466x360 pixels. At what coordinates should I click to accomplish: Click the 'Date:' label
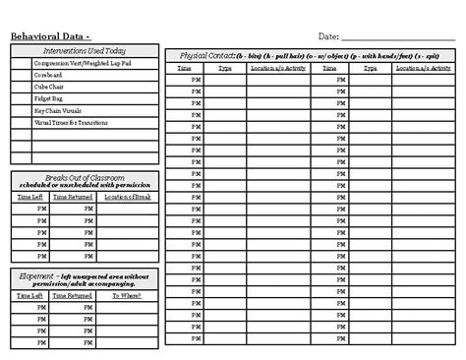click(x=328, y=36)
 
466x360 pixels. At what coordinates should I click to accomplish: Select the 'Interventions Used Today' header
click(x=85, y=50)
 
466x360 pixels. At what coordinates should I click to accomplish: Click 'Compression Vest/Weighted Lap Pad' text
click(x=83, y=63)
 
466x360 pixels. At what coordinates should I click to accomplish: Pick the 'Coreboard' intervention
click(x=47, y=75)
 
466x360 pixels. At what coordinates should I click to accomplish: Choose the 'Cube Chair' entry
click(x=49, y=87)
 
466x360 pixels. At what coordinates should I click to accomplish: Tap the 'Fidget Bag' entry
click(x=49, y=99)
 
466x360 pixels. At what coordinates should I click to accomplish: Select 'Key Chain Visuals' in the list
click(x=58, y=111)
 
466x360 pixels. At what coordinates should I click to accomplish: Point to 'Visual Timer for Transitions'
click(x=71, y=123)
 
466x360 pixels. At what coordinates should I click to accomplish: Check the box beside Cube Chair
click(x=22, y=87)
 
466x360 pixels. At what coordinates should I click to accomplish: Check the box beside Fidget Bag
click(x=22, y=99)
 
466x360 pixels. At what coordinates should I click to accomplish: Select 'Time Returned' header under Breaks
click(x=74, y=197)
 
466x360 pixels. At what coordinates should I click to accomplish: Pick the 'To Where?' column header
click(x=127, y=294)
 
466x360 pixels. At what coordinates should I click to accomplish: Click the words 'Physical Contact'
click(x=207, y=56)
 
